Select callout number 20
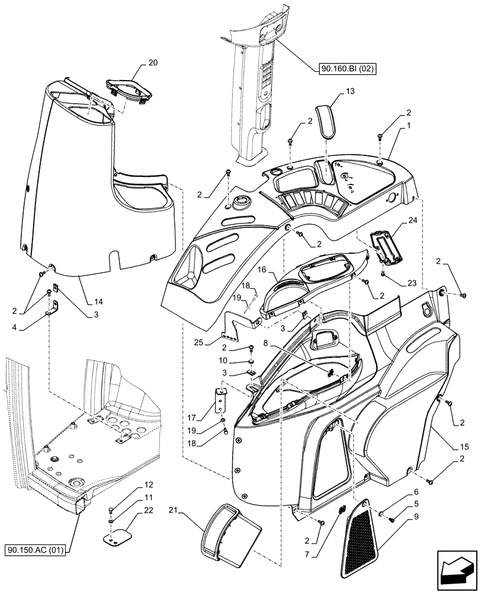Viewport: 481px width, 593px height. (136, 63)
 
